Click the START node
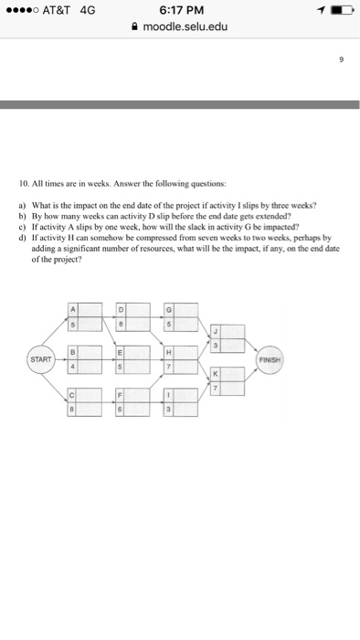click(x=39, y=359)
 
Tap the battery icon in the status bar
click(x=341, y=10)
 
